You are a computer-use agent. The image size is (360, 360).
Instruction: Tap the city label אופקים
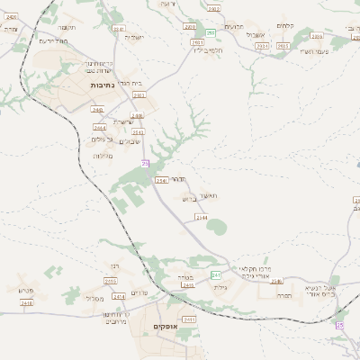166,328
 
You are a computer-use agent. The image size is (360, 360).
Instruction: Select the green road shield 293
211,32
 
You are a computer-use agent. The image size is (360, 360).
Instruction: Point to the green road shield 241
215,274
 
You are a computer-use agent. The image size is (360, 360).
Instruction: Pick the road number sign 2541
160,181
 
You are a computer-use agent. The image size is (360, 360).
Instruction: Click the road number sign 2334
261,42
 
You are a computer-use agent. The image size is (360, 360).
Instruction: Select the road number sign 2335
316,36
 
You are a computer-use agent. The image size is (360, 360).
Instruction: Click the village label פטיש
25,289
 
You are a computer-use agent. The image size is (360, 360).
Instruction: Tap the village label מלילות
101,156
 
